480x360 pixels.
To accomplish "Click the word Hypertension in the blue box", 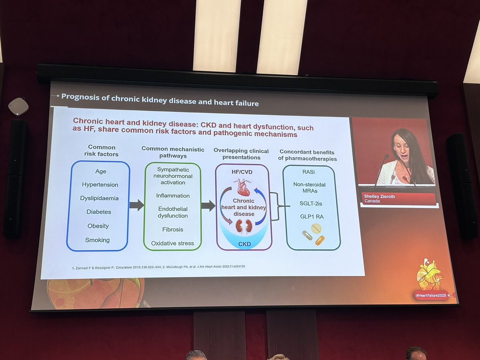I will coord(100,185).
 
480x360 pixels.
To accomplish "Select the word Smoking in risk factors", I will coord(97,240).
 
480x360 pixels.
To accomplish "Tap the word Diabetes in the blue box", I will coord(99,212).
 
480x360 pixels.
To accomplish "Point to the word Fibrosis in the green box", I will coord(173,229).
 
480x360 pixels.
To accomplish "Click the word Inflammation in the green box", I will coord(173,196).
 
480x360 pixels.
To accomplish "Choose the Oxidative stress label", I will coord(172,243).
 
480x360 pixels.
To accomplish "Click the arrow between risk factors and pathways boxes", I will coord(136,205).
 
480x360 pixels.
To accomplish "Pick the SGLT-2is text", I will coord(311,203).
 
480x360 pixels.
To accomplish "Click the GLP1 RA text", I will coord(311,216).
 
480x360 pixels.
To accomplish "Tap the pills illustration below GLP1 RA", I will coord(314,234).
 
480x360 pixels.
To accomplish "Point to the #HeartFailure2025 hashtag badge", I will coord(430,295).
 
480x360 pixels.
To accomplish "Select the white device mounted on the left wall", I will coord(18,106).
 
